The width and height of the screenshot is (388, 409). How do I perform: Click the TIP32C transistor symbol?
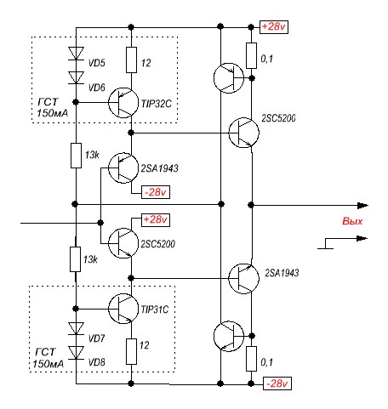click(123, 103)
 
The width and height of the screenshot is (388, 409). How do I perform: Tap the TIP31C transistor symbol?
click(123, 309)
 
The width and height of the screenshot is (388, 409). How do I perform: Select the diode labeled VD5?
click(76, 54)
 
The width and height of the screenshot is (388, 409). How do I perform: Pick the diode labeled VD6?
click(76, 77)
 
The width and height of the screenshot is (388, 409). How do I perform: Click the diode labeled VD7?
click(76, 328)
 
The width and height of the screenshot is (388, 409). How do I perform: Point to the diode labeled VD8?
click(76, 353)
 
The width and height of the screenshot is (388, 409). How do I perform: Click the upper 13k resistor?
click(76, 156)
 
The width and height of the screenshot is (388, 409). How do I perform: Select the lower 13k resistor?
click(76, 259)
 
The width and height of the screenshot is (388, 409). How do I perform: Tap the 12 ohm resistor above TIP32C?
click(131, 60)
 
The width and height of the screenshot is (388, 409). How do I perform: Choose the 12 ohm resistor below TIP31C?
click(131, 351)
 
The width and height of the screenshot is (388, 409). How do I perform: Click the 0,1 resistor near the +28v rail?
click(251, 55)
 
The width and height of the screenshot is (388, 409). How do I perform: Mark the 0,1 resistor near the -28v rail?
click(251, 359)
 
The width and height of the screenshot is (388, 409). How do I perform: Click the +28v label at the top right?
click(274, 27)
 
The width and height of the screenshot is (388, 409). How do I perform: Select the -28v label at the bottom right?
click(277, 383)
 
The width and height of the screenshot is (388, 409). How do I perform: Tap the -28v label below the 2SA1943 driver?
click(156, 192)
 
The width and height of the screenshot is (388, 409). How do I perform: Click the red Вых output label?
click(352, 221)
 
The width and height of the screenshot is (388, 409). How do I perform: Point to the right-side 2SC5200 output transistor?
click(243, 133)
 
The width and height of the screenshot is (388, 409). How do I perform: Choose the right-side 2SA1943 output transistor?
click(243, 278)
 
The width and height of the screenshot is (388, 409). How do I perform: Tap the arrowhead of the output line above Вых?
click(362, 206)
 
